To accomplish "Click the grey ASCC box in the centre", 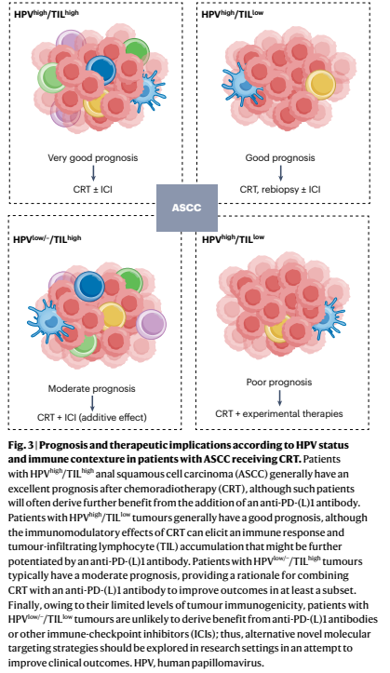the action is tap(187, 208).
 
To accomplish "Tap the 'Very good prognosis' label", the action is tap(93, 158).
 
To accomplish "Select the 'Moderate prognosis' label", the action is tap(91, 389).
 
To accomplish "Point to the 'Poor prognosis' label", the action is tap(279, 382).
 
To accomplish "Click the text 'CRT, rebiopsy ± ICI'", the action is tap(280, 189).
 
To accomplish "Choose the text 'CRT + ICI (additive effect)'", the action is tap(92, 417).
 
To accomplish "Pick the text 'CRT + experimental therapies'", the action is tap(279, 413).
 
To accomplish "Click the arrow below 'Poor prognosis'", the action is tap(279, 397).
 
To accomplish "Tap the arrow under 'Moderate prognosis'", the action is tap(92, 403).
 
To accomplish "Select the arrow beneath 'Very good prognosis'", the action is tap(93, 173).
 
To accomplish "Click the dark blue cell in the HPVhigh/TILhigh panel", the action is tap(101, 69).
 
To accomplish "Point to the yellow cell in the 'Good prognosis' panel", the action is tap(320, 85).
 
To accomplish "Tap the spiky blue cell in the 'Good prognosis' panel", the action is tap(241, 84).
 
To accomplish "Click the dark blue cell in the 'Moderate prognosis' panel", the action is tap(89, 287).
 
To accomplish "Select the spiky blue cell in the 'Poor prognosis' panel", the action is tap(329, 316).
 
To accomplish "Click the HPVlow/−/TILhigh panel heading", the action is tap(47, 239).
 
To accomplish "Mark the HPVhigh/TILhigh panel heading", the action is tap(47, 14).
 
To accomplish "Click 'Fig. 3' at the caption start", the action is tap(20, 445).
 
